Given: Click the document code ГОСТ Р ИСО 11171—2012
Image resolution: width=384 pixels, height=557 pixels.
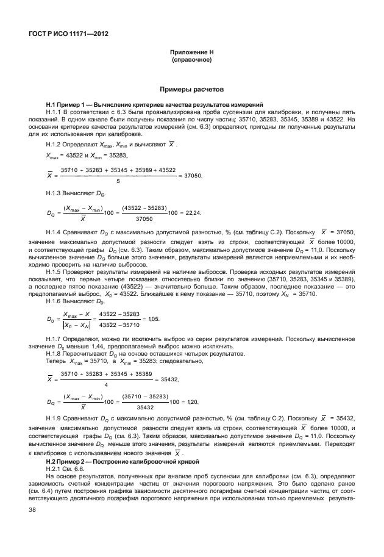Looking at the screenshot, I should (63, 34).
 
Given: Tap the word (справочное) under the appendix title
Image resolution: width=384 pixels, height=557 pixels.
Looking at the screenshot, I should (191, 61).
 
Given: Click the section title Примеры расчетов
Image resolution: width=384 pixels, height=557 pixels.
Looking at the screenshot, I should (191, 88).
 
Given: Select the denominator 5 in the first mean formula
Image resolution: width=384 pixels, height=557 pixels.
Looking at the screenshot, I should (118, 181).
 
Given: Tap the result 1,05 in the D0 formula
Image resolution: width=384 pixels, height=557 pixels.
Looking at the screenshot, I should (156, 318).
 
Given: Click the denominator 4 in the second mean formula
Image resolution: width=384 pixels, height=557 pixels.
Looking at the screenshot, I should (107, 384).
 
